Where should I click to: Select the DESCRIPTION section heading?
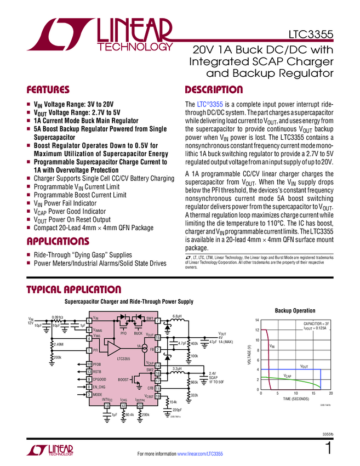[214, 90]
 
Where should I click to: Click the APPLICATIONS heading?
[58, 241]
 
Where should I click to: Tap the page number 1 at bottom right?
[328, 448]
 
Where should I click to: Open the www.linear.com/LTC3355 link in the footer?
[199, 454]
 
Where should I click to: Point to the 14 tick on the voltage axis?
[256, 320]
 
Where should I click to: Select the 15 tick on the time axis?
[313, 394]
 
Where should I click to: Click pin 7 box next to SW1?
[157, 320]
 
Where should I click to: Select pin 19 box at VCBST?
[157, 396]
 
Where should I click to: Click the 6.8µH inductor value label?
[177, 316]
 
